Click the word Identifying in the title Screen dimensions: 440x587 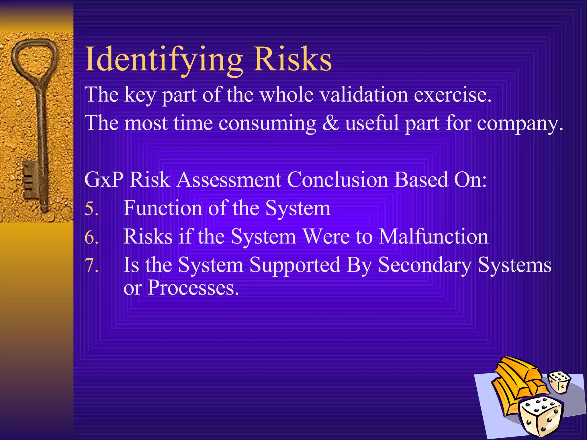pyautogui.click(x=163, y=60)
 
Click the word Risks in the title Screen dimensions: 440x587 pyautogui.click(x=292, y=60)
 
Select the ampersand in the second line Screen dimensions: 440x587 pyautogui.click(x=330, y=123)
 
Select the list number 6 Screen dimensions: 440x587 pyautogui.click(x=91, y=237)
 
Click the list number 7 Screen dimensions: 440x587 pyautogui.click(x=91, y=266)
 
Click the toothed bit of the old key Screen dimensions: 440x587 pyautogui.click(x=30, y=179)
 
